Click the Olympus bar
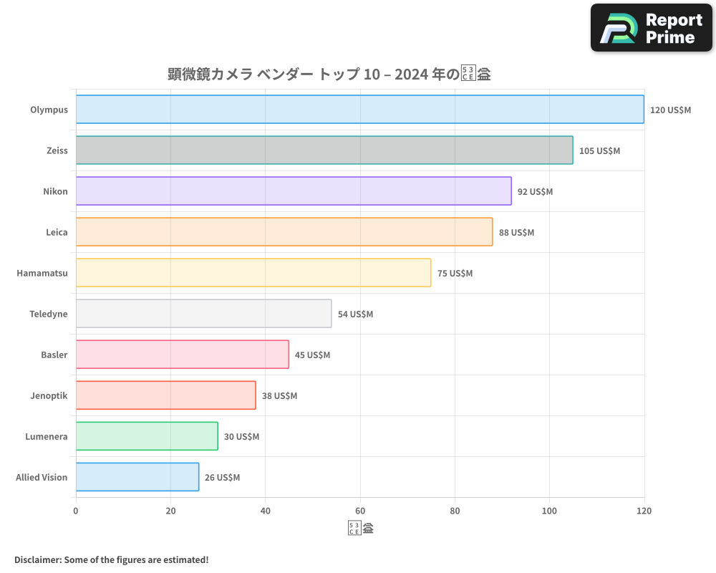pos(359,110)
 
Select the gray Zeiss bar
pos(324,150)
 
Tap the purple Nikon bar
pos(294,191)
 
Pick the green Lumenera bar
pos(147,436)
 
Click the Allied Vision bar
pos(137,477)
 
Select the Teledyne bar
pos(203,314)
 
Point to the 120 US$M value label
pos(670,110)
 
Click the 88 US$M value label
pos(516,233)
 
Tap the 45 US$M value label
pos(312,355)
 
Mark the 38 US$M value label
pos(279,396)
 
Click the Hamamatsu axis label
pos(42,273)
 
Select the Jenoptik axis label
pos(49,395)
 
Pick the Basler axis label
pos(54,355)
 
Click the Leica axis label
pos(57,232)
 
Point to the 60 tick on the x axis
pos(360,511)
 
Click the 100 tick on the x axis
pos(549,511)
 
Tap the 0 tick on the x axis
pos(76,511)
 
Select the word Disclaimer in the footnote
pos(37,560)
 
